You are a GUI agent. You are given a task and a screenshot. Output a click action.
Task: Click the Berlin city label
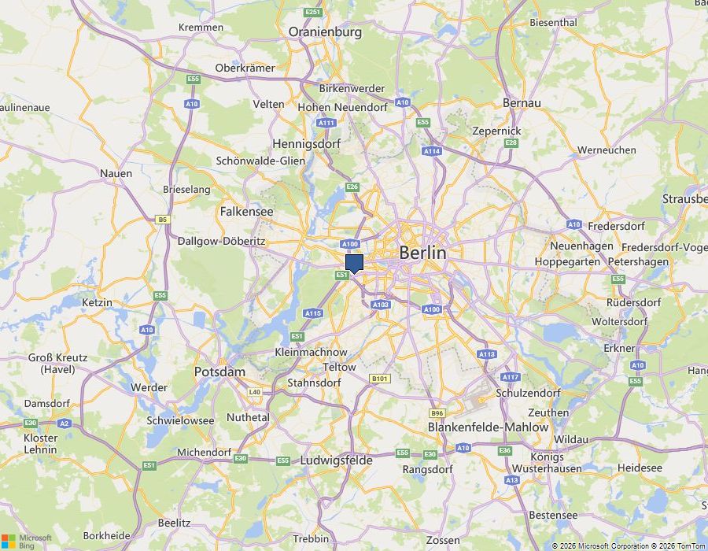coord(422,253)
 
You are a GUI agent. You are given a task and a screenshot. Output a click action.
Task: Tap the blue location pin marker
coord(354,263)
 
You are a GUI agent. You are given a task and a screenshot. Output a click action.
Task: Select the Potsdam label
coord(219,372)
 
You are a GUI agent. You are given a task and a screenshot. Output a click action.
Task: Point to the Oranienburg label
coord(325,32)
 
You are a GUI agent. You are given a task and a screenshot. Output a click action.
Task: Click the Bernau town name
coord(522,103)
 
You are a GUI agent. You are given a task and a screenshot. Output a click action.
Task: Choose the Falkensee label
coord(246,212)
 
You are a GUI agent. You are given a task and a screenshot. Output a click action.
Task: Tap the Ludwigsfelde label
coord(336,460)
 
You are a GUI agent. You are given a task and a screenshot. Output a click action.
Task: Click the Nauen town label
coord(116,173)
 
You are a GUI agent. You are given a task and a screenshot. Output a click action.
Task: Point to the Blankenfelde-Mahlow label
coord(488,427)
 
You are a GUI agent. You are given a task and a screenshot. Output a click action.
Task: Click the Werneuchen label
coord(607,150)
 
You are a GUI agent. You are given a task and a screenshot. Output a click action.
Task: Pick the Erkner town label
coord(619,348)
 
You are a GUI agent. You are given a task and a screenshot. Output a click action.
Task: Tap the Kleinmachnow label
coord(311,352)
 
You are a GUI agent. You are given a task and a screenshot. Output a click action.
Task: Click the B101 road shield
coord(380,379)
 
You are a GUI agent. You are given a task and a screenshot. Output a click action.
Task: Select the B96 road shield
coord(437,412)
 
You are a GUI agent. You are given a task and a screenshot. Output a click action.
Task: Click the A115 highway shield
coord(313,313)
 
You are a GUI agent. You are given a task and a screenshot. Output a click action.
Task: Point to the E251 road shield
coord(313,12)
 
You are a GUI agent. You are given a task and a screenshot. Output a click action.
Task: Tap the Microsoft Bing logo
coord(26,541)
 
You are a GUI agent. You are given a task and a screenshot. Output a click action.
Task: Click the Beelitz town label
coord(174,523)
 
